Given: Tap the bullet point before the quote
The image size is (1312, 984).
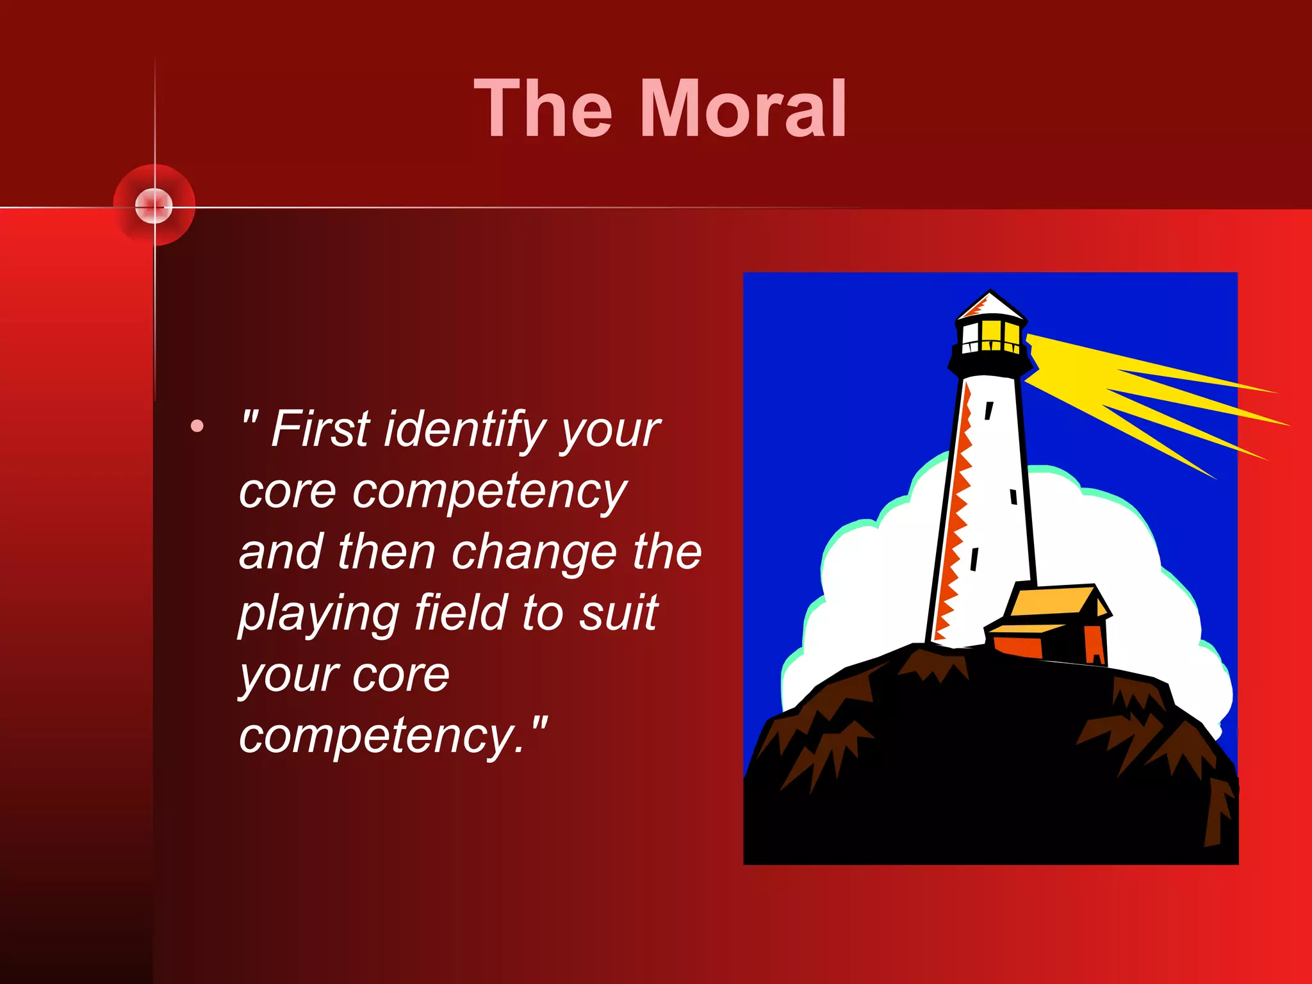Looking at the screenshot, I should click(197, 426).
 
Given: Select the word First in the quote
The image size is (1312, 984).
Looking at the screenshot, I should click(320, 429).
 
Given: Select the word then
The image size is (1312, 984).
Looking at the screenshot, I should click(386, 552).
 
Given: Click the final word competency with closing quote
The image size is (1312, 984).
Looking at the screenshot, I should click(392, 737).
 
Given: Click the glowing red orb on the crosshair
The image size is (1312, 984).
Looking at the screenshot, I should click(154, 206).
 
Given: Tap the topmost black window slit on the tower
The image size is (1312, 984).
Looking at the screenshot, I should click(989, 410).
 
